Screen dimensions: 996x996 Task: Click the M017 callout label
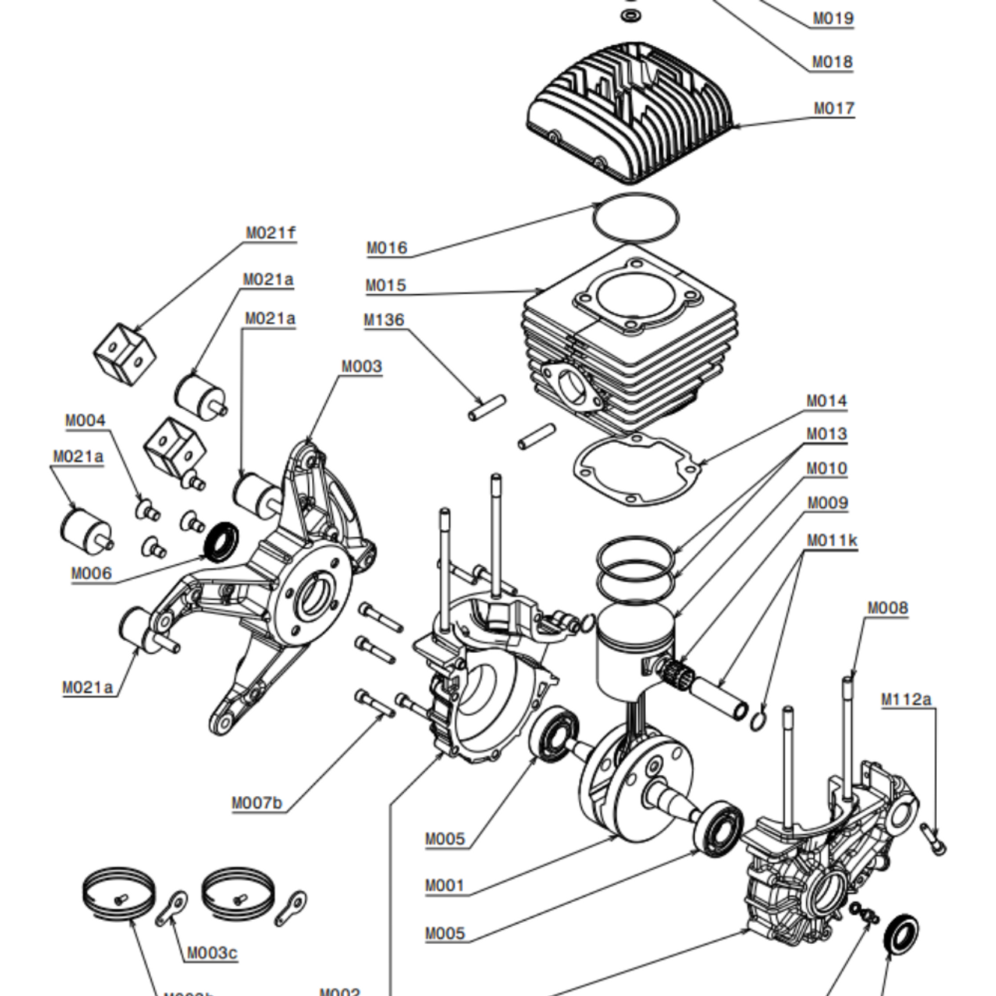coord(834,108)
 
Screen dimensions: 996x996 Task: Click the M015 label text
coord(386,286)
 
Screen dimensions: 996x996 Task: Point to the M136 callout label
coord(384,320)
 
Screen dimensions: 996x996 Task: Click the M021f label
coord(271,233)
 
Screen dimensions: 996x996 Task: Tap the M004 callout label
coord(85,421)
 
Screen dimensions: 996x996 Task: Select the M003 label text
coord(362,366)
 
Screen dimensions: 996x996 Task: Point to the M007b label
coord(258,803)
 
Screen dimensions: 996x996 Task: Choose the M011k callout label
coord(832,540)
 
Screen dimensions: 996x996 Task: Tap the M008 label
coord(888,608)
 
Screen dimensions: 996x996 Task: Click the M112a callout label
coord(907,700)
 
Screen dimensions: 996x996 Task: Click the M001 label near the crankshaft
coord(444,886)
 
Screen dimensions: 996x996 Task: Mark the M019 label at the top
coord(833,18)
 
